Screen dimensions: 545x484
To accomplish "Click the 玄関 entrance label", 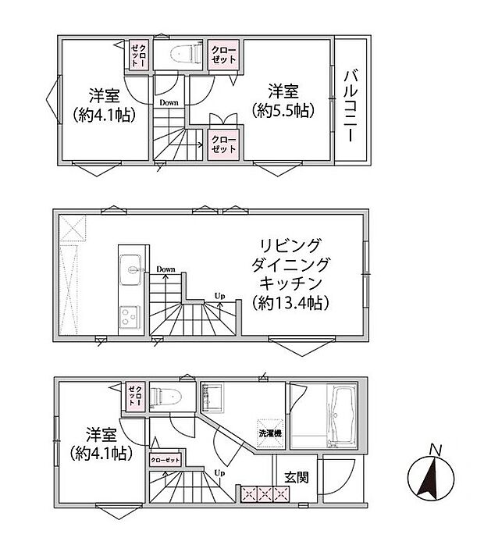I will pyautogui.click(x=296, y=477).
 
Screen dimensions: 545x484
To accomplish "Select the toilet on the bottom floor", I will pyautogui.click(x=165, y=396).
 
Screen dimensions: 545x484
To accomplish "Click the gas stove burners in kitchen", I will pyautogui.click(x=129, y=317).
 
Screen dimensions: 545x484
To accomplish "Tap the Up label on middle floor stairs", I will pyautogui.click(x=221, y=295).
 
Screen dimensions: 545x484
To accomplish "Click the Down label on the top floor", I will pyautogui.click(x=169, y=102).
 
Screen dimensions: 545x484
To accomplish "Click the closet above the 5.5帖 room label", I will pyautogui.click(x=224, y=55).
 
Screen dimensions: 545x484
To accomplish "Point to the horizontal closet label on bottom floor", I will pyautogui.click(x=165, y=460).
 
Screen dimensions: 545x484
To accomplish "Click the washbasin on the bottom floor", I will pyautogui.click(x=212, y=397).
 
